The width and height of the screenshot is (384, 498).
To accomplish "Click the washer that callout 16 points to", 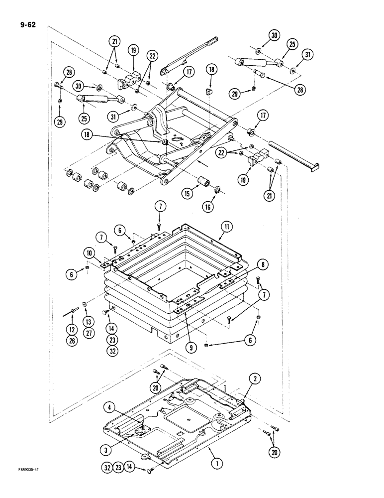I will (217, 189).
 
